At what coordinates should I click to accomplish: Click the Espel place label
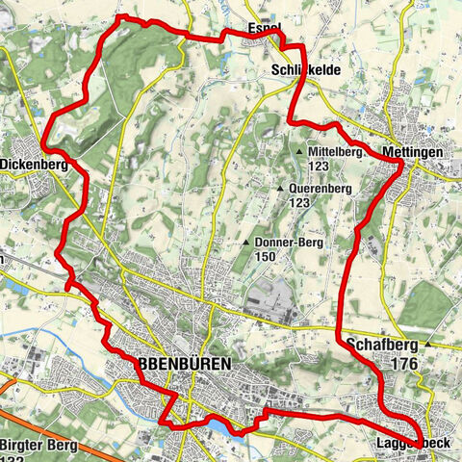(x=264, y=28)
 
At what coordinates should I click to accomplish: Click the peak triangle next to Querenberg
(x=280, y=189)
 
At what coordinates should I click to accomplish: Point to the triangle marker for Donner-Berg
(x=248, y=243)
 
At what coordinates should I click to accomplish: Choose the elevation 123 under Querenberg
(x=298, y=203)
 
